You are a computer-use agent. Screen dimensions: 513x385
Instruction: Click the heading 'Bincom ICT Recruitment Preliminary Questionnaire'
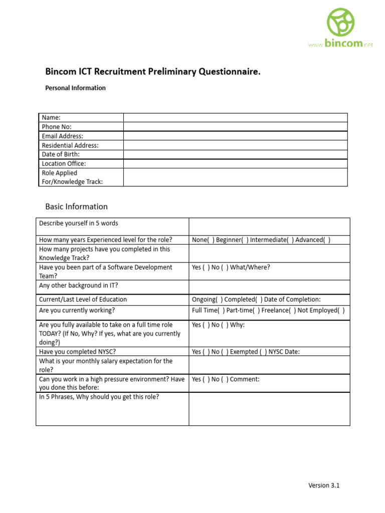click(x=153, y=72)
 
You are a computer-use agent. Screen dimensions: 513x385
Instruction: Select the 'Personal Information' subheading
click(x=75, y=88)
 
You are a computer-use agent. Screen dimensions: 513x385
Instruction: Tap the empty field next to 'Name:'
click(x=235, y=117)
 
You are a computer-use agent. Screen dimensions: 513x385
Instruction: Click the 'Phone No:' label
click(x=57, y=127)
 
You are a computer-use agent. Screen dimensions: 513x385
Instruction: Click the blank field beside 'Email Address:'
click(x=235, y=136)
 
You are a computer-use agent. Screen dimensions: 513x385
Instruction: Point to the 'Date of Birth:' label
click(x=61, y=154)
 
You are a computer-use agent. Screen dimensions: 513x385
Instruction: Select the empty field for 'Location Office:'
click(x=235, y=163)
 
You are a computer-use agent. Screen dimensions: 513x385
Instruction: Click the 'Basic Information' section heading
click(x=76, y=206)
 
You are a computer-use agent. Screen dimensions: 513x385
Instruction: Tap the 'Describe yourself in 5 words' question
click(x=79, y=223)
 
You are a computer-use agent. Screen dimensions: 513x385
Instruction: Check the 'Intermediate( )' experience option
click(x=271, y=239)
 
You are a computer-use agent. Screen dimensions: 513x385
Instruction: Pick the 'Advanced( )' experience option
click(x=313, y=239)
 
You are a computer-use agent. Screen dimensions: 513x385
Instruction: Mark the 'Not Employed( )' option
click(x=321, y=310)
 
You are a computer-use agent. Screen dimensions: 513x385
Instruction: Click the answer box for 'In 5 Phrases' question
click(x=269, y=408)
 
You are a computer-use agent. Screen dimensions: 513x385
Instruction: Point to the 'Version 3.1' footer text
click(x=323, y=485)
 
